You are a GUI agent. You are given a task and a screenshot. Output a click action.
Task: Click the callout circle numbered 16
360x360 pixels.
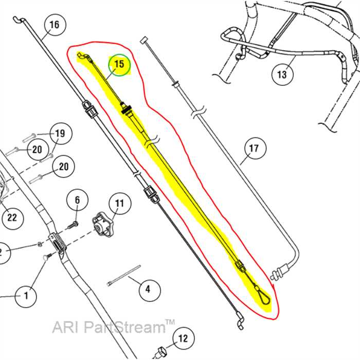click(x=54, y=25)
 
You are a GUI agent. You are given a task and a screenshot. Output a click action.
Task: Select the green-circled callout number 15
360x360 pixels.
click(x=119, y=65)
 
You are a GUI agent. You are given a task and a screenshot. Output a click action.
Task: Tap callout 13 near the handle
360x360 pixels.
click(x=281, y=75)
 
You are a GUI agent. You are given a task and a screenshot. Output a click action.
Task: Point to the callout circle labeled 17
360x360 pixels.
click(x=254, y=150)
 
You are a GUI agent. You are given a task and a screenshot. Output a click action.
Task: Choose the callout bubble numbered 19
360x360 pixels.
click(x=60, y=134)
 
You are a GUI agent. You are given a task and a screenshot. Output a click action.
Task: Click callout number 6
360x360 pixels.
click(x=78, y=200)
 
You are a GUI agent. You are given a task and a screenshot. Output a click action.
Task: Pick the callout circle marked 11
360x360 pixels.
click(x=119, y=204)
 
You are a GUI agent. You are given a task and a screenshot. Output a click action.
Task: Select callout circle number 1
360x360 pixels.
click(x=26, y=296)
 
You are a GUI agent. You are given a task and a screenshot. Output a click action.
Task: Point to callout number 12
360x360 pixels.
click(x=183, y=339)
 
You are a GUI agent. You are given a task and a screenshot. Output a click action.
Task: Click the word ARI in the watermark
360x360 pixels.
click(x=63, y=327)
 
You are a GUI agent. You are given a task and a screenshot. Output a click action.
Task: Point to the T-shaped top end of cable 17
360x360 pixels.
click(x=145, y=39)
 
